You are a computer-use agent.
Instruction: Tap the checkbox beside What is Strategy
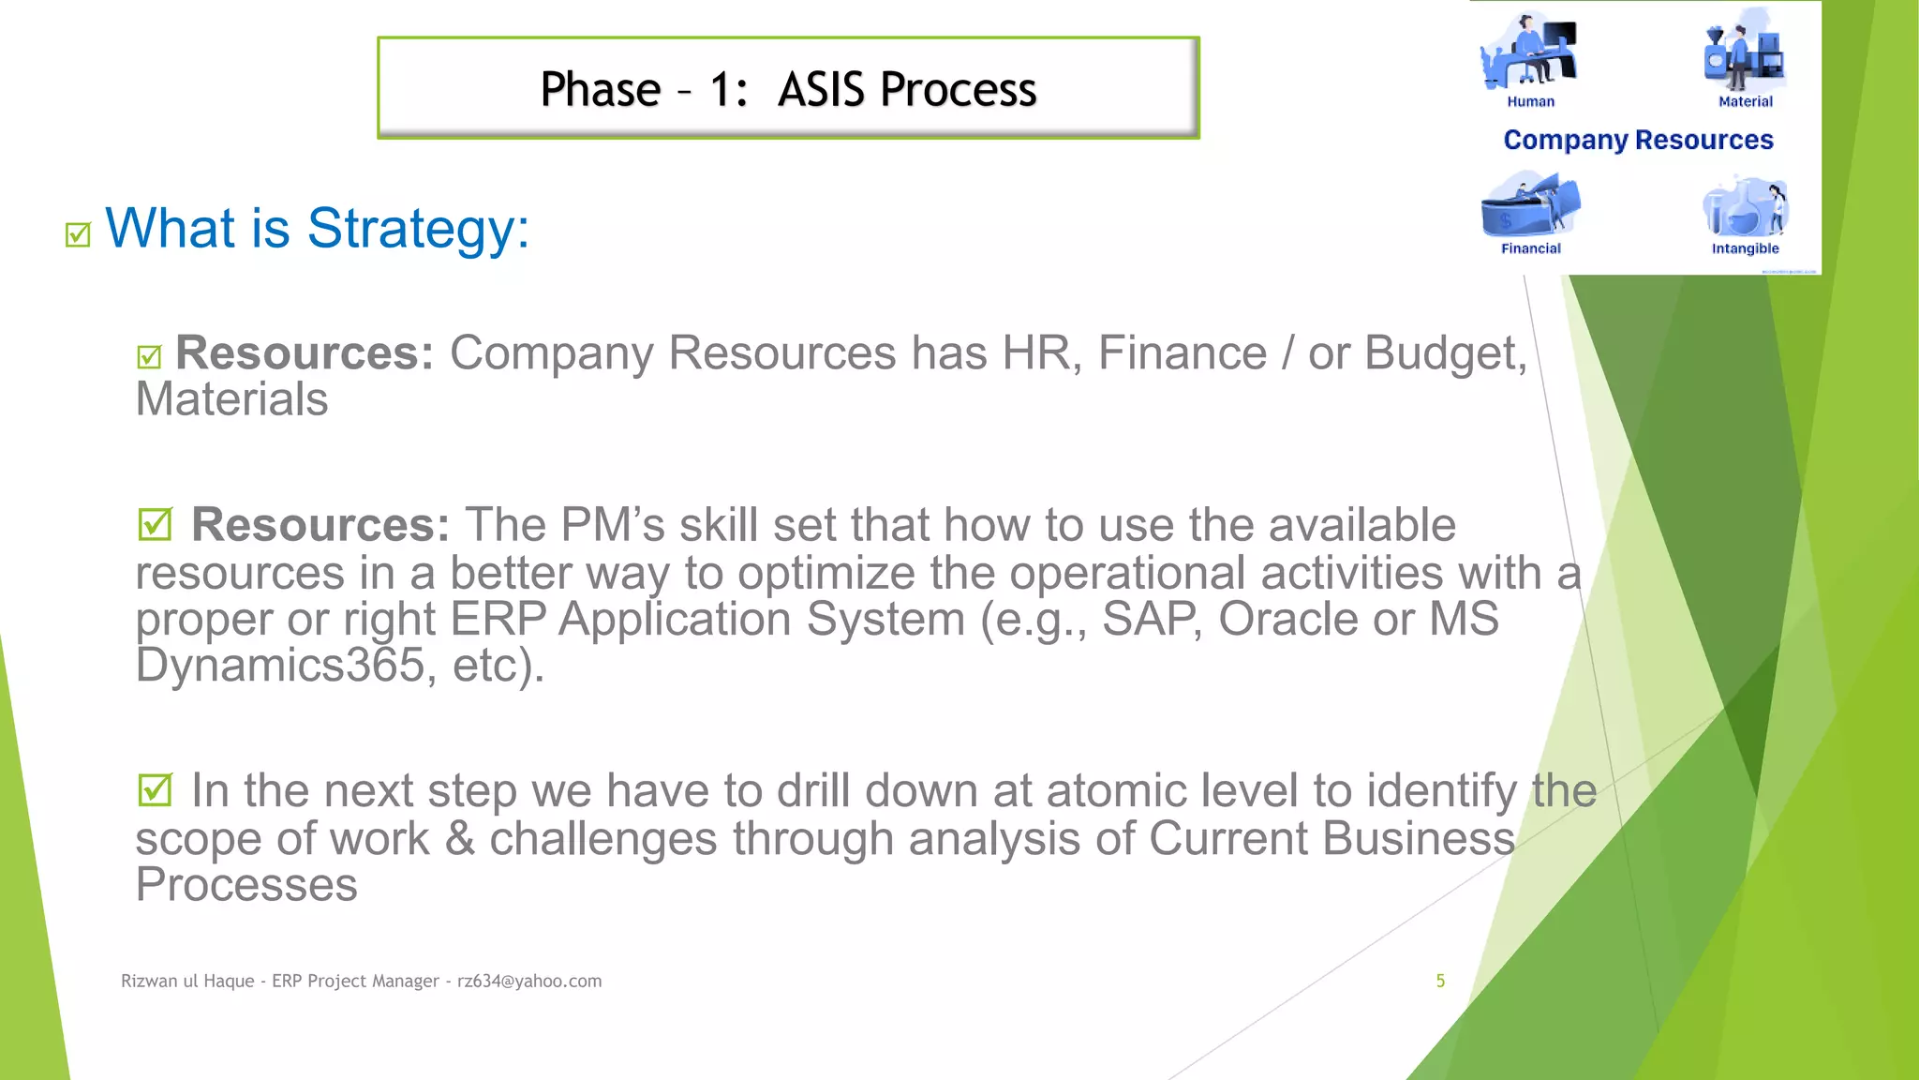78,234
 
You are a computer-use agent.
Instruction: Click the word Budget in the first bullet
1445,353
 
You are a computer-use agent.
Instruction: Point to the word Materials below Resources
231,399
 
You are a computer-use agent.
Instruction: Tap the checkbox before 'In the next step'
155,790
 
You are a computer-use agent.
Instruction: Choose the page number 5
1440,981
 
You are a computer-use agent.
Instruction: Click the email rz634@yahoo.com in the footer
529,981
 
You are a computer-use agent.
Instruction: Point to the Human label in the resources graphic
1530,102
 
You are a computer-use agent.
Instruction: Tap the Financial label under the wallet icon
1530,248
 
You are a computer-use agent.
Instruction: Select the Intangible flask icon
1745,206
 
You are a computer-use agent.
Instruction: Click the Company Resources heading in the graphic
1638,141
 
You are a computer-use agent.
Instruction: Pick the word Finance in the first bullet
1182,353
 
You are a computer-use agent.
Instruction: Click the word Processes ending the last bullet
246,885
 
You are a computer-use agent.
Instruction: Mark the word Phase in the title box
601,90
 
